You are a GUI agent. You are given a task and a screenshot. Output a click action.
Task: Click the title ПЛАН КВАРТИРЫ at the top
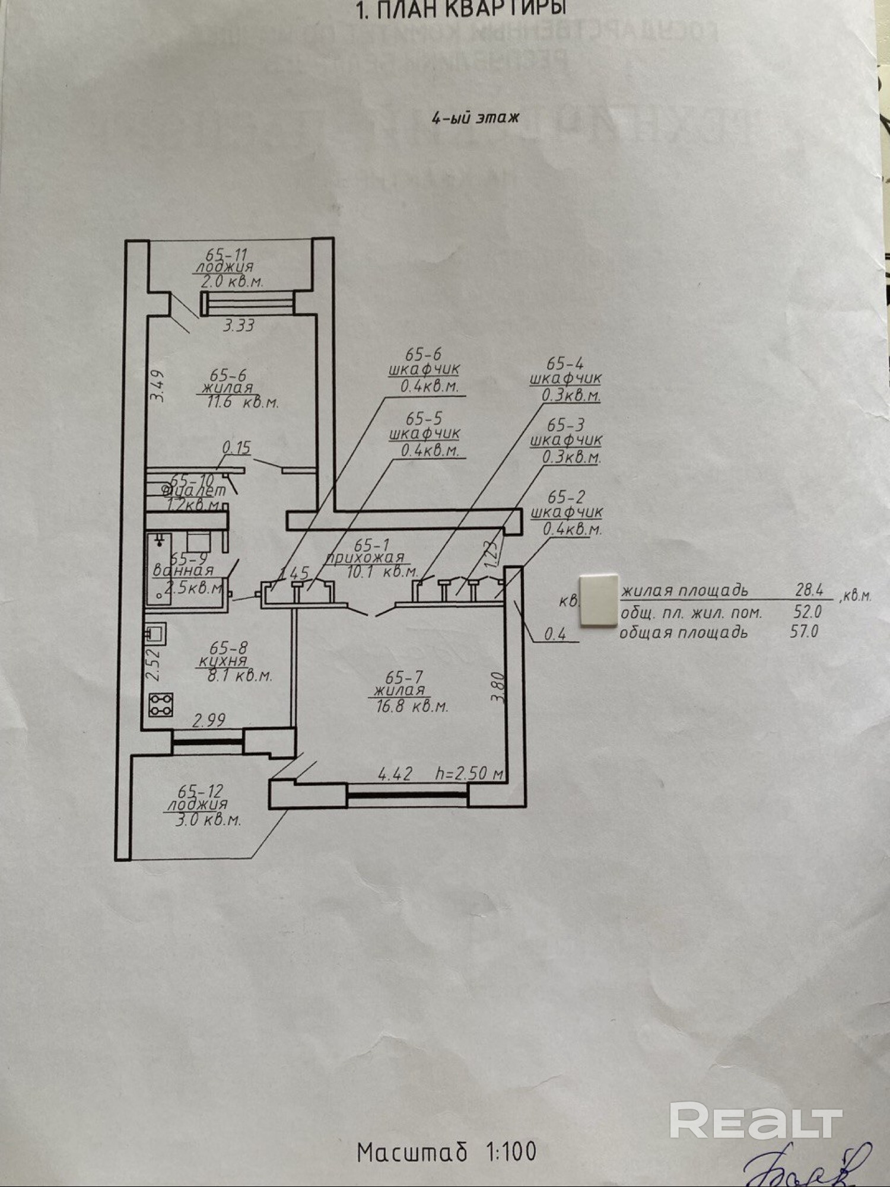coord(462,9)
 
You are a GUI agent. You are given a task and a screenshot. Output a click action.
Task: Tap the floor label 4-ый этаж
coord(475,117)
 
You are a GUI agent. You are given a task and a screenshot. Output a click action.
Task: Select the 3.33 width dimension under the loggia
coord(239,325)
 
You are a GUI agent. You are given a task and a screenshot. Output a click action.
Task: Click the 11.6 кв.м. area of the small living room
coord(240,402)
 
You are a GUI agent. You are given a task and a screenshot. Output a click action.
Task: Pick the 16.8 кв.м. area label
coord(412,706)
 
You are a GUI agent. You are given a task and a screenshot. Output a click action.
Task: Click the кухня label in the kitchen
coord(223,661)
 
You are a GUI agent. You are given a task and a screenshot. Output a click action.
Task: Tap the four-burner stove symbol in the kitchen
coord(161,704)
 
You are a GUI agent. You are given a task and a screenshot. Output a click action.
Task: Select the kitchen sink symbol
coord(155,634)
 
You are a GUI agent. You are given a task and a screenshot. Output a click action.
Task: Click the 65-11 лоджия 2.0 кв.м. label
coord(228,268)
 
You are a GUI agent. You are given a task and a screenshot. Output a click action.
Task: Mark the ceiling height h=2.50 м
coord(469,773)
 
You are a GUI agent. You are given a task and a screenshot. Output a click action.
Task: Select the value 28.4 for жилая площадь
coord(809,590)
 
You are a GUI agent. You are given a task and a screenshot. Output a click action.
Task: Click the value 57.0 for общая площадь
coord(804,631)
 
